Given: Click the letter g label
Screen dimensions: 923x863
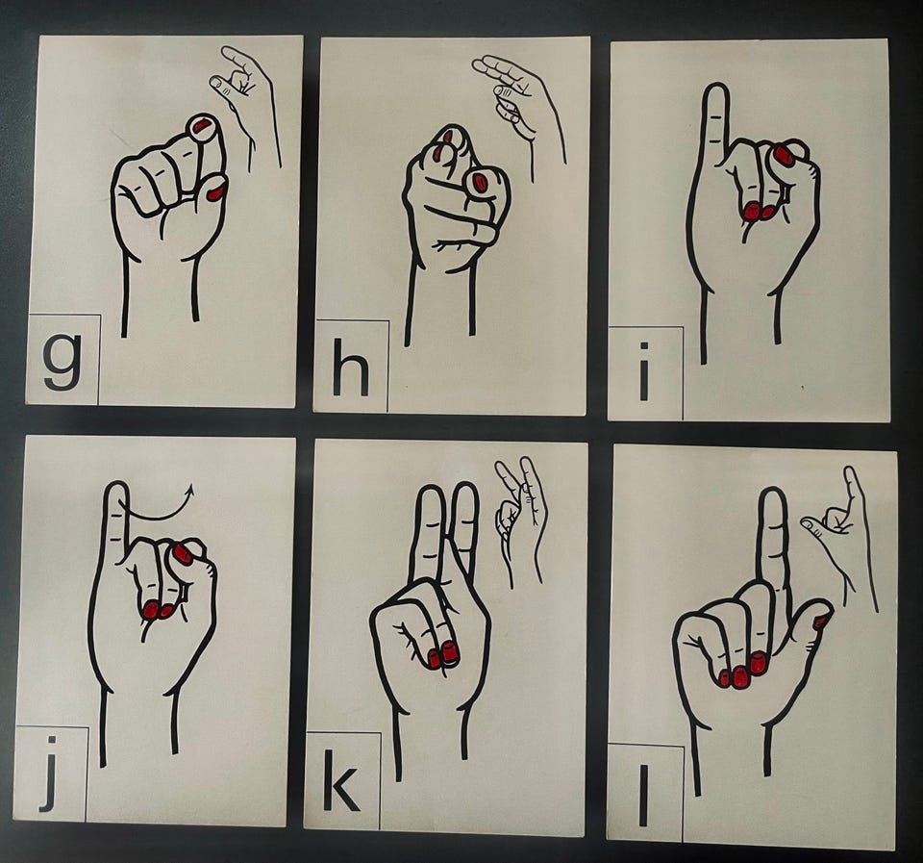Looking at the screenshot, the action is (x=62, y=361).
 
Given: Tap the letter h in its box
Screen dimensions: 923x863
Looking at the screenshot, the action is (x=351, y=367).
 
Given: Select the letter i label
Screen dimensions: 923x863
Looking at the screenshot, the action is (x=644, y=371).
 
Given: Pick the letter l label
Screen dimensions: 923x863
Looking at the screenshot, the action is (x=643, y=795).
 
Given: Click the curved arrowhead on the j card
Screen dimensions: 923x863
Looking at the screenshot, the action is (x=188, y=490).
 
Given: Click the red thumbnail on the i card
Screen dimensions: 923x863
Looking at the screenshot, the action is (x=783, y=154).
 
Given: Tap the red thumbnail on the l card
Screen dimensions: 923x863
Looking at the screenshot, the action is (x=819, y=621).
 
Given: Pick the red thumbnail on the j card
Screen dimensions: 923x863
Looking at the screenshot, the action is (x=183, y=554).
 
